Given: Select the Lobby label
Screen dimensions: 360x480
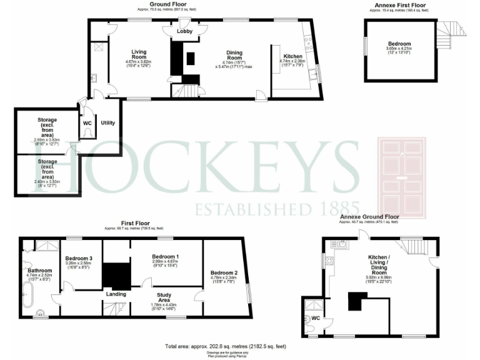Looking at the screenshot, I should click(184, 31).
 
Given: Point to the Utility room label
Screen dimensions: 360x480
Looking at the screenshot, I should click(107, 123).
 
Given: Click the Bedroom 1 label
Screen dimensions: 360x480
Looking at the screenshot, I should click(166, 257).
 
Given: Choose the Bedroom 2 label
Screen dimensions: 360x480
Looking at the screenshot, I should click(223, 273).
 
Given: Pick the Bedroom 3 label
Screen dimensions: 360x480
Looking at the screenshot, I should click(79, 259).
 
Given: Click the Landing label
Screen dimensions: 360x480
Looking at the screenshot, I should click(116, 294).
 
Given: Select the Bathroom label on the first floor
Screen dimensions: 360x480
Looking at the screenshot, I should click(39, 271).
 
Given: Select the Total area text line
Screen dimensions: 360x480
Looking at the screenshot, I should click(226, 346).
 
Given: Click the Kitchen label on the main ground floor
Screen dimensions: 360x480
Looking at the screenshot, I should click(292, 56).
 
